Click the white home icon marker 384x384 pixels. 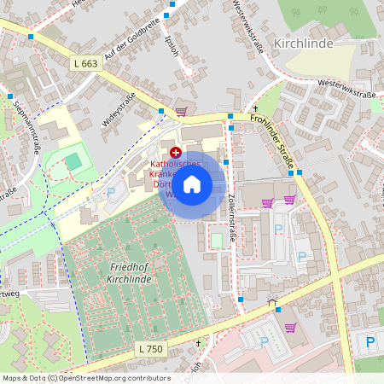point(192,184)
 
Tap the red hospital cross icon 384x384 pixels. point(176,151)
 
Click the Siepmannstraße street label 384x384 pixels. point(28,126)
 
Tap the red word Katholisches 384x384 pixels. point(176,163)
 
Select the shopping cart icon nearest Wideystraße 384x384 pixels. point(181,112)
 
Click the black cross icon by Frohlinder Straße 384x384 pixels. point(254,108)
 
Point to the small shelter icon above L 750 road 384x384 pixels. point(272,300)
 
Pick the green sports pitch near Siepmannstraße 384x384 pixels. point(74,159)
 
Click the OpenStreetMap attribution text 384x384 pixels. point(85,378)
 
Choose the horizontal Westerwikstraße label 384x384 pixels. point(346,83)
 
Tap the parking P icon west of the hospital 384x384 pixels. point(111,193)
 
